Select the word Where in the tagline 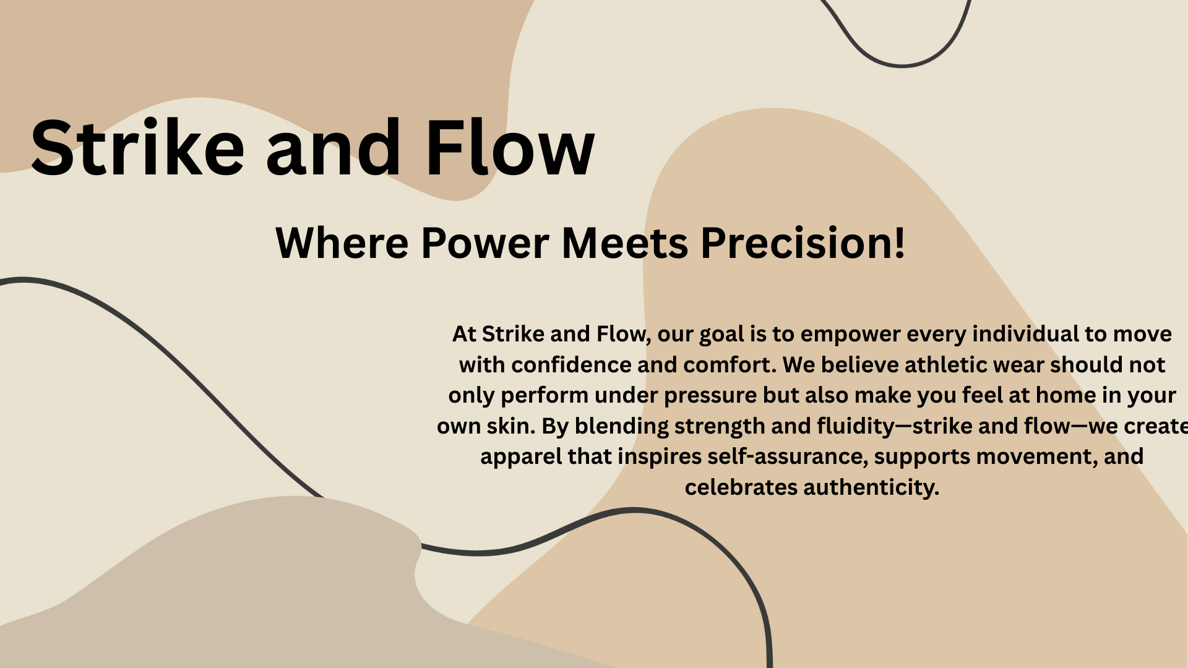[x=342, y=242]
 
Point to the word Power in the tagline [x=485, y=244]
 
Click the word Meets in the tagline [x=625, y=242]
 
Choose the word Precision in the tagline [x=793, y=242]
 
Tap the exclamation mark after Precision [x=898, y=242]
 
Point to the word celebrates [x=741, y=487]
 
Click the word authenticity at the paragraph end [x=871, y=488]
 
